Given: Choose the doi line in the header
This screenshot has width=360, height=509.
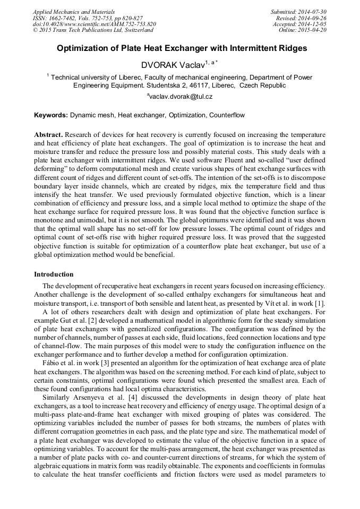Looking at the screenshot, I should click(x=94, y=24).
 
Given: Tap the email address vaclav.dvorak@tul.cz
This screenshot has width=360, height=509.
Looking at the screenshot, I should click(x=181, y=97).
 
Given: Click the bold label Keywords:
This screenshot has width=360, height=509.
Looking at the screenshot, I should click(x=51, y=115).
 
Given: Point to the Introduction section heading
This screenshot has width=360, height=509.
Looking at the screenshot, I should click(x=54, y=274).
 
